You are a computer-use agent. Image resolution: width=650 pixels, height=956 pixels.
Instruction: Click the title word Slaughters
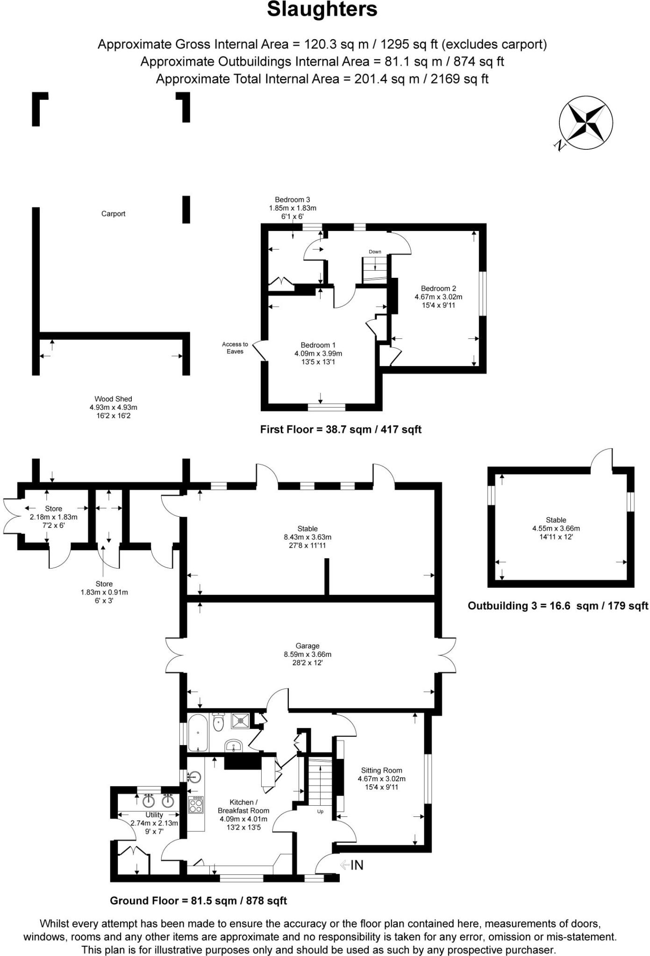click(x=322, y=10)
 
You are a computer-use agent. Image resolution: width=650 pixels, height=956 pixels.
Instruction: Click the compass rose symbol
click(x=586, y=123)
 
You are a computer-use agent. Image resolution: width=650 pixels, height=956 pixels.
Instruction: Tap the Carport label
click(x=113, y=214)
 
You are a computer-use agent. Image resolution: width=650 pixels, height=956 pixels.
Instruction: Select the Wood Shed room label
click(x=113, y=399)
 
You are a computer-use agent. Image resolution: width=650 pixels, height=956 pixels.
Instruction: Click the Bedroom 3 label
click(x=293, y=200)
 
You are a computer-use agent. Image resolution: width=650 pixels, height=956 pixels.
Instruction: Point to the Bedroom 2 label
click(x=438, y=289)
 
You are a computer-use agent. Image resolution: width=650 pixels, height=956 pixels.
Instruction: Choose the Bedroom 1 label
click(x=318, y=345)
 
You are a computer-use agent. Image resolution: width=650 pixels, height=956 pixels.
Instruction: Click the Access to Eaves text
click(x=235, y=348)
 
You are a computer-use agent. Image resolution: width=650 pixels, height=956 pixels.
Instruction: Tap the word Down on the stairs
click(x=375, y=252)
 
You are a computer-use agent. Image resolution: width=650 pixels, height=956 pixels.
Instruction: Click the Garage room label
click(x=307, y=646)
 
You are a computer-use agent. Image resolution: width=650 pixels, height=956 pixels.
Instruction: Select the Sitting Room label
click(x=381, y=771)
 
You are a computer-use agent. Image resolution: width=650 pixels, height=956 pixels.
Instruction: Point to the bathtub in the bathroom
click(x=198, y=732)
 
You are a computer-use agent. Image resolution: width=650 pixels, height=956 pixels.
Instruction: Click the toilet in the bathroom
click(x=218, y=723)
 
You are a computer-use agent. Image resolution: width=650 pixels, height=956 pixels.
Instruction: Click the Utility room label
click(x=154, y=815)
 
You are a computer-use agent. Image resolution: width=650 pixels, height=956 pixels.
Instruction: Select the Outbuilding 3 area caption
click(x=557, y=606)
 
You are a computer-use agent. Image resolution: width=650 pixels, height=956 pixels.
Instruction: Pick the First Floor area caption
click(x=341, y=429)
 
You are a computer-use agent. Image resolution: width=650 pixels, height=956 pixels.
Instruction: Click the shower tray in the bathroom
click(x=241, y=721)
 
